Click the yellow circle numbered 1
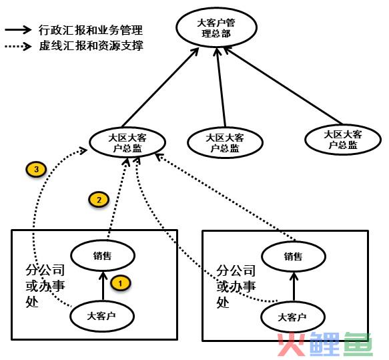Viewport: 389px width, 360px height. click(x=121, y=283)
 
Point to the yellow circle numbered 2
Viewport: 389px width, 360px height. click(x=99, y=200)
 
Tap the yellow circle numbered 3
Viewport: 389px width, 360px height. click(x=36, y=170)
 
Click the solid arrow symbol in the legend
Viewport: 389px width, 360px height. click(x=18, y=30)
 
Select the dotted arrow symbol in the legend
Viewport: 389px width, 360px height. click(x=18, y=46)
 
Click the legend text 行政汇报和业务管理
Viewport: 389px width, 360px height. click(x=91, y=30)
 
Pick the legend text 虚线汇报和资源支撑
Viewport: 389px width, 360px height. click(x=91, y=45)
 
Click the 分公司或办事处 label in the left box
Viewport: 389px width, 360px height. click(x=45, y=286)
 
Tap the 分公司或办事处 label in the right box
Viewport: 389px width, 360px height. click(x=236, y=286)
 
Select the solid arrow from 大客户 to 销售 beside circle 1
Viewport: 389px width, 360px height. click(x=103, y=286)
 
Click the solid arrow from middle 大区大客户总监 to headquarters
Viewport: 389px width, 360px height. click(x=221, y=87)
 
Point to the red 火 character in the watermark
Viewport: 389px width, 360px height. click(x=292, y=345)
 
